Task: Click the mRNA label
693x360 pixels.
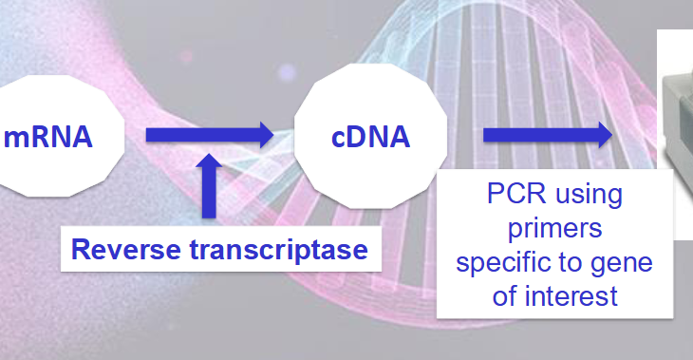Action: tap(48, 137)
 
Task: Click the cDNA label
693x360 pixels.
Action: tap(370, 137)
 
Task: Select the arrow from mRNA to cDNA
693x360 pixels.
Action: tap(209, 136)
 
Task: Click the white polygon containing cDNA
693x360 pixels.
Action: tap(370, 104)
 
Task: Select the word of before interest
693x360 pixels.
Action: tap(506, 295)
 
